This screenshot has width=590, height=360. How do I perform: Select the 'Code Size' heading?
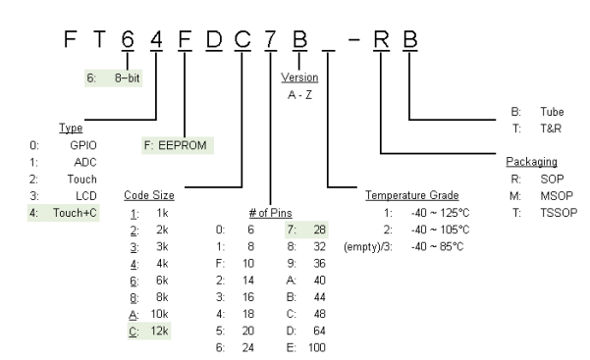click(150, 194)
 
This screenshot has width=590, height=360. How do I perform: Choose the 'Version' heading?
click(299, 76)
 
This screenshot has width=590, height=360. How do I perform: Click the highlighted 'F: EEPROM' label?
click(178, 144)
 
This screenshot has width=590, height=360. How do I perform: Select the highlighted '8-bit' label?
click(127, 75)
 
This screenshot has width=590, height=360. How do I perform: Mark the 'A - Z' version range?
click(299, 93)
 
